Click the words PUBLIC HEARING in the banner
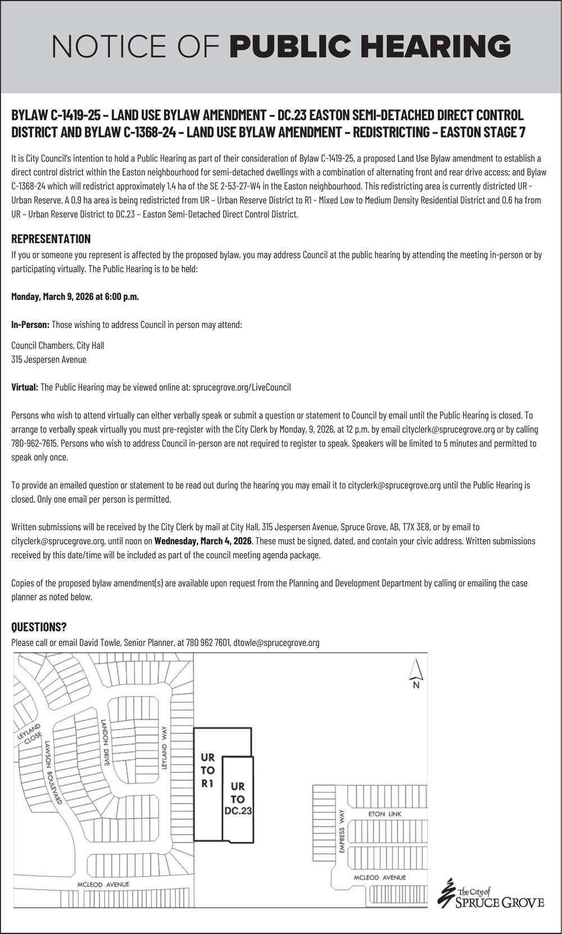[370, 46]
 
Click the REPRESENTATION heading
[51, 239]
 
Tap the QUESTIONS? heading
[39, 627]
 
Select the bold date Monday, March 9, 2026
[75, 297]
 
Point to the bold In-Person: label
[30, 325]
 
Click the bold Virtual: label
[25, 387]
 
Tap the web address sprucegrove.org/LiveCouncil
[241, 387]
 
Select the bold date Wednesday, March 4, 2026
[203, 541]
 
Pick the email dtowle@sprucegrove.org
[276, 643]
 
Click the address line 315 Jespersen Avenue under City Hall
[49, 359]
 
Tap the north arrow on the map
[416, 673]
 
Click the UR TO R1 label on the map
[207, 770]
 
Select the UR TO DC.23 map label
[238, 799]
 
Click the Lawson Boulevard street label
[53, 772]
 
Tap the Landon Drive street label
[105, 741]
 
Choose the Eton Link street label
[384, 814]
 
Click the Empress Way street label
[341, 831]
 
